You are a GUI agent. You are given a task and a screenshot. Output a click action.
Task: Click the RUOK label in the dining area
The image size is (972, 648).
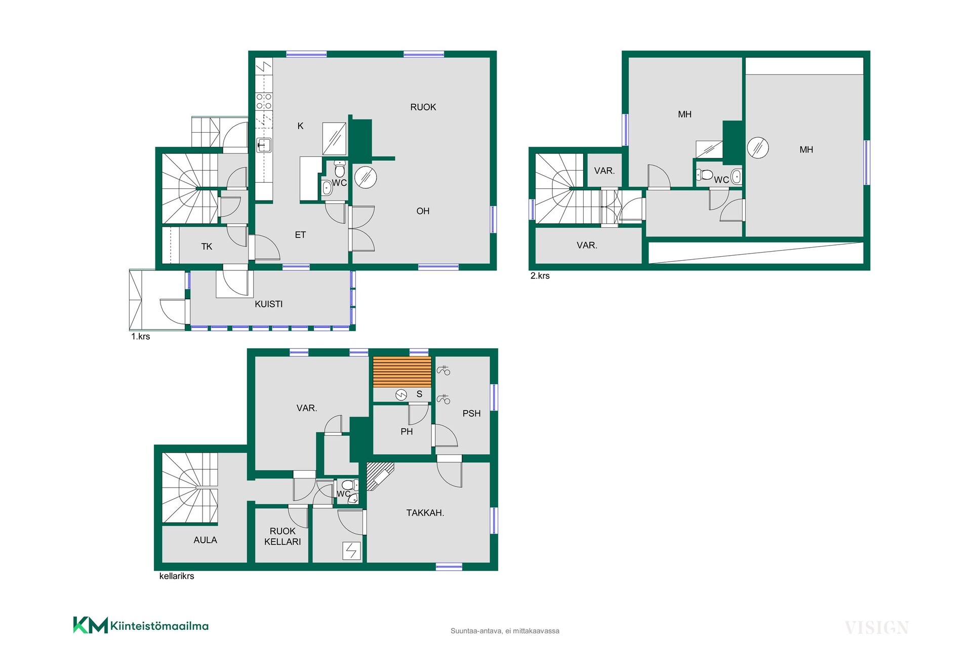423,107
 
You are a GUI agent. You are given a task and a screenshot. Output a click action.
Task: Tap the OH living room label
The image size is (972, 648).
423,211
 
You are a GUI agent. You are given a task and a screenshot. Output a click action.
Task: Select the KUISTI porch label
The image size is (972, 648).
268,304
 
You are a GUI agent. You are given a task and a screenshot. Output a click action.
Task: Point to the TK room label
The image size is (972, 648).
207,247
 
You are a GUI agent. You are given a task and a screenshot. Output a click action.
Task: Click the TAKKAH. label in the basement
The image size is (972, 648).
425,513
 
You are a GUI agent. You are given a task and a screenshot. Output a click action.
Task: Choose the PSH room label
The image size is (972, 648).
471,414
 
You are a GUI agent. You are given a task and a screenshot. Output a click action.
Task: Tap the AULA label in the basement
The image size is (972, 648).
205,540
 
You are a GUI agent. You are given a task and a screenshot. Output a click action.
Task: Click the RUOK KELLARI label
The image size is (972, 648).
282,536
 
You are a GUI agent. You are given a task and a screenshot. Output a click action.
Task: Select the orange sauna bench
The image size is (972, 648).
402,372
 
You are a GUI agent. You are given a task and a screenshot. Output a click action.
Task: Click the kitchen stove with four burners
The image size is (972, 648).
264,101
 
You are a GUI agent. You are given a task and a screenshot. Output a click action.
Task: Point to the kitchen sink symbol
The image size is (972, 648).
264,145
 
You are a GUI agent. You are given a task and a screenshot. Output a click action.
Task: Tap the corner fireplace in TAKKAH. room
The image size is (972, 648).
379,476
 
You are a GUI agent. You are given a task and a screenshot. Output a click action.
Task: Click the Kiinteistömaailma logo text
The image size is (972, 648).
159,626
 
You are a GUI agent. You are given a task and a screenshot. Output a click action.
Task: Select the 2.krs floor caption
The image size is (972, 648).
540,276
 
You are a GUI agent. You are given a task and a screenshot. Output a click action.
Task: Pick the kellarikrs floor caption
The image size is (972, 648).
177,576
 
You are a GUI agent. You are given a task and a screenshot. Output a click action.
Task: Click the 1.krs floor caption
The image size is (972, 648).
140,337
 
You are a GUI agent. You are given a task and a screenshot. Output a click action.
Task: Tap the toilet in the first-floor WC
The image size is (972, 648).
340,170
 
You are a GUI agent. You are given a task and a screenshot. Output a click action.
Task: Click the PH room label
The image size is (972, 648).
407,432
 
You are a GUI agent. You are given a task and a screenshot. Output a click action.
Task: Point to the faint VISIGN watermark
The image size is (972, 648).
876,628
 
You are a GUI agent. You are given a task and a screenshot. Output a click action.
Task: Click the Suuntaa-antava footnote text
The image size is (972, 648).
505,631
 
